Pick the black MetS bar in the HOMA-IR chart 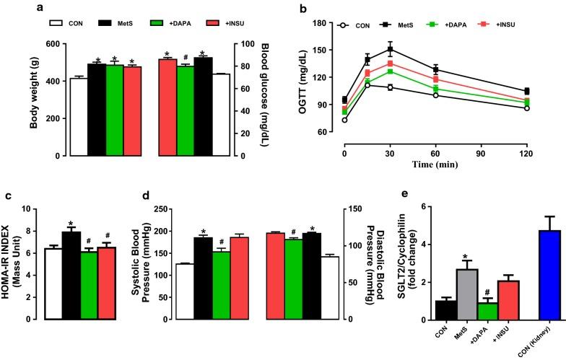(71, 275)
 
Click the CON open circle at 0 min (344, 120)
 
